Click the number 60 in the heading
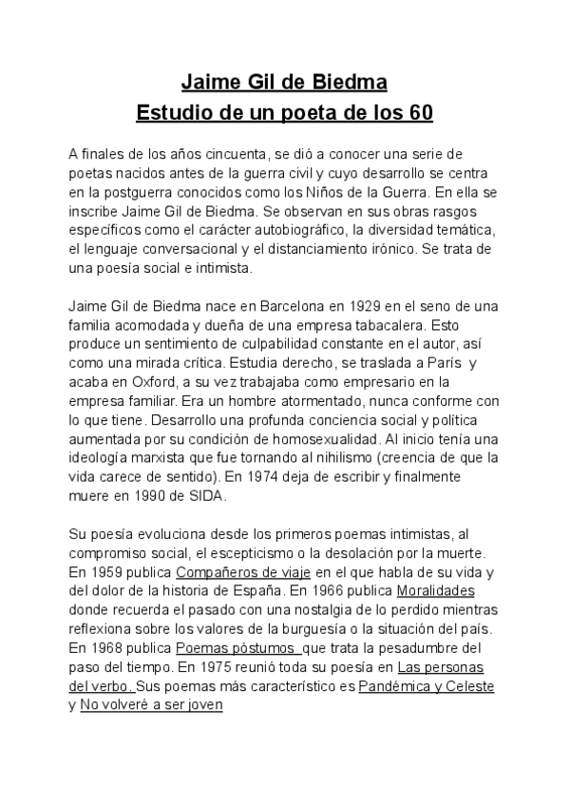click(x=419, y=114)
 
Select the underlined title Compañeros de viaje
click(x=237, y=572)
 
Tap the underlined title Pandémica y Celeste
click(x=426, y=687)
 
